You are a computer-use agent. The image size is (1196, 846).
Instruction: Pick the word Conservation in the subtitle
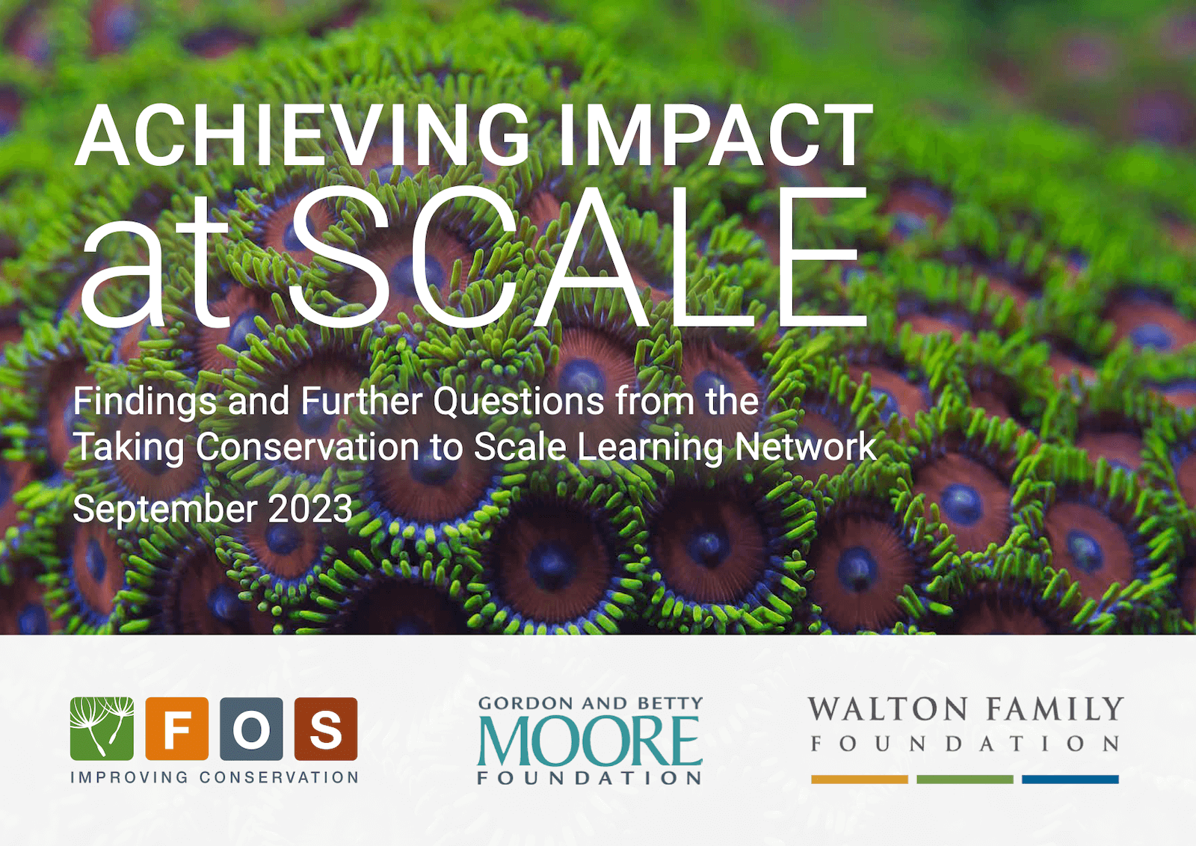307,447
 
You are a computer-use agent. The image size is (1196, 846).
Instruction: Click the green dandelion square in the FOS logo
102,729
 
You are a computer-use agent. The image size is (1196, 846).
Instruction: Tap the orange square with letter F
176,729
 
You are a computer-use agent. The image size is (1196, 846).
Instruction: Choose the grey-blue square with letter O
251,729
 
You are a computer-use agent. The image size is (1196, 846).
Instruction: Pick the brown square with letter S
326,729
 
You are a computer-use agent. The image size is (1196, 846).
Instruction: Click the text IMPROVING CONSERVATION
214,777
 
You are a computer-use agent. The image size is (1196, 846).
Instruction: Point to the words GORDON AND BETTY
590,703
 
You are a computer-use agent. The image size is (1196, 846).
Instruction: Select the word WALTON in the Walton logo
887,708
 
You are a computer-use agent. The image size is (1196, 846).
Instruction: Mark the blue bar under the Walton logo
1070,779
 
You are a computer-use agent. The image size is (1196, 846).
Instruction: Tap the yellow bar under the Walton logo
860,779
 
